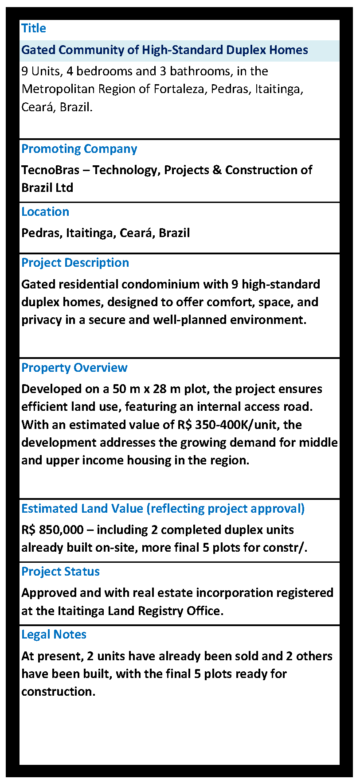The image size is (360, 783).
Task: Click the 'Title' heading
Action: tap(34, 28)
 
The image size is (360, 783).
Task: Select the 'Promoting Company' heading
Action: tap(79, 149)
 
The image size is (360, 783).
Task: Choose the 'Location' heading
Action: tap(45, 212)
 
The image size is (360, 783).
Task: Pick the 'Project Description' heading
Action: tap(75, 263)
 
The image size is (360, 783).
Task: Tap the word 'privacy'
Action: tap(41, 320)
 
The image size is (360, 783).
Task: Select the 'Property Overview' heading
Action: tap(74, 368)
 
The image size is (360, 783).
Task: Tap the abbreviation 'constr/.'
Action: tap(290, 548)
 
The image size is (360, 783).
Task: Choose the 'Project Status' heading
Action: tap(60, 572)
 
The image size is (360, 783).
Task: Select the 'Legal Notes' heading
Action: tap(54, 635)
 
